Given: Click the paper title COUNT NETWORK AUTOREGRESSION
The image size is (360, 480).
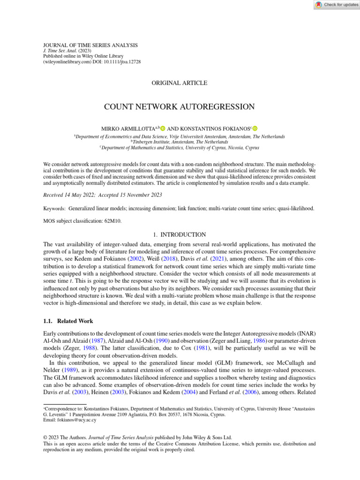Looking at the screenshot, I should pos(180,107).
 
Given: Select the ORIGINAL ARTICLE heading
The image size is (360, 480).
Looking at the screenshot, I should pos(180,83).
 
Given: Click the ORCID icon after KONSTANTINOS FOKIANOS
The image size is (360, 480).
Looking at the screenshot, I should pos(255,128).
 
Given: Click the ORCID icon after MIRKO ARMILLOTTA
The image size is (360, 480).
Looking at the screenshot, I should pos(163,128).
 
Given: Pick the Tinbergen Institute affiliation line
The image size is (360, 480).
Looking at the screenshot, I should pos(180,142).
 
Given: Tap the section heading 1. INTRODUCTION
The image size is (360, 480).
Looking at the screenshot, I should pos(180,234).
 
